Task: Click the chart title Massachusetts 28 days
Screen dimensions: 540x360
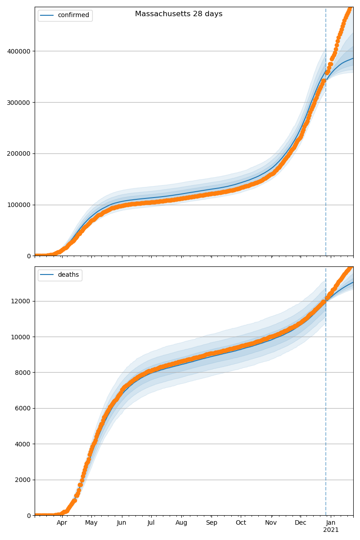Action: point(179,14)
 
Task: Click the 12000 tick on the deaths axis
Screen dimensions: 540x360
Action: point(22,301)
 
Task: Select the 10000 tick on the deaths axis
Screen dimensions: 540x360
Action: point(22,337)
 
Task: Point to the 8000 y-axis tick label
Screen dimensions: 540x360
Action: point(23,373)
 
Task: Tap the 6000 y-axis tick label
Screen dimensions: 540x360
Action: point(23,409)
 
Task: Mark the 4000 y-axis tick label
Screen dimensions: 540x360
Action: point(23,444)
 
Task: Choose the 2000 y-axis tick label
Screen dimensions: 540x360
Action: point(23,480)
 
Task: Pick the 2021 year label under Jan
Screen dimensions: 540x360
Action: point(331,530)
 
